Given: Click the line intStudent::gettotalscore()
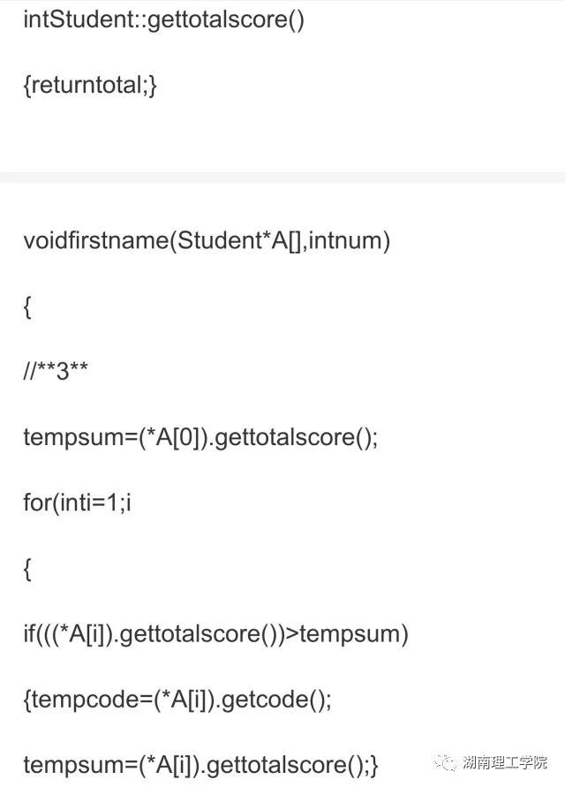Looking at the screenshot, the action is click(163, 20).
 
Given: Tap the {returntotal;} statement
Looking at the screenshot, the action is click(90, 87).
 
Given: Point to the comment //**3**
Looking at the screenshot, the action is click(56, 372).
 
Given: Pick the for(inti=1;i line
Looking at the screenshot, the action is click(77, 503).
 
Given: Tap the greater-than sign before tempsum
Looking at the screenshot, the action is click(290, 633).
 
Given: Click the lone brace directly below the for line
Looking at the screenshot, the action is click(27, 569).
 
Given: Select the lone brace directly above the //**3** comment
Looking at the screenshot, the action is click(27, 306).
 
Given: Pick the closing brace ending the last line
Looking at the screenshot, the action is click(373, 765).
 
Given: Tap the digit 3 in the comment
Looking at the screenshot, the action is click(63, 372).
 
